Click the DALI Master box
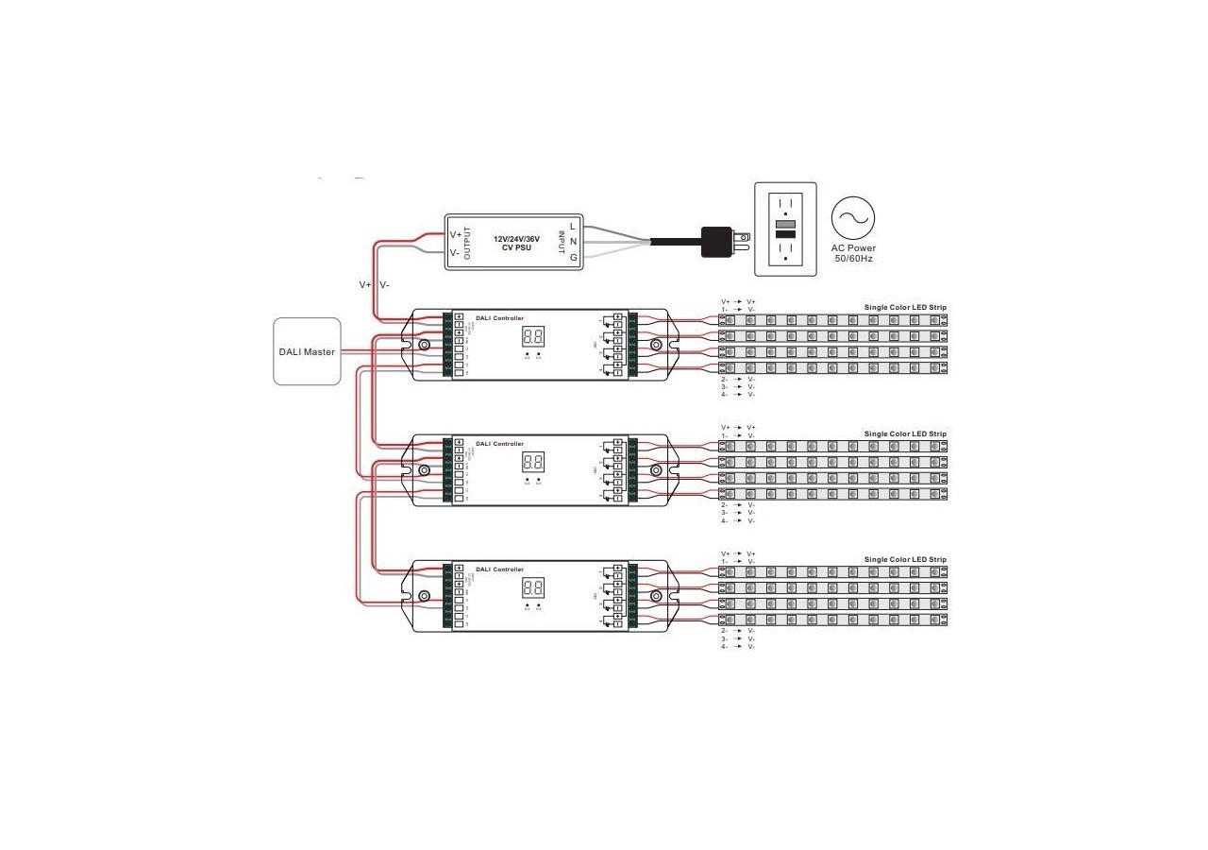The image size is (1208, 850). tap(307, 351)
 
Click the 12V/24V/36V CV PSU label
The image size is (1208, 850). tap(517, 244)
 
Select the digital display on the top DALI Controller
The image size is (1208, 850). tap(532, 337)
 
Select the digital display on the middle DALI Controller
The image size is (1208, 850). tap(532, 462)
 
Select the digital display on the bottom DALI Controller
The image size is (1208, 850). tap(532, 587)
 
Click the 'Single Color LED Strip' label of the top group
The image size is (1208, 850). tap(905, 308)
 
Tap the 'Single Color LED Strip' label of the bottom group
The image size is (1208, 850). tap(905, 560)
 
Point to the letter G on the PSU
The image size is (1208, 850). tap(573, 257)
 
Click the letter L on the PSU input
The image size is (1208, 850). tap(573, 227)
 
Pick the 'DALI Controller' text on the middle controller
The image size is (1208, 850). tap(499, 443)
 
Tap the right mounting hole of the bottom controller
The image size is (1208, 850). tap(656, 596)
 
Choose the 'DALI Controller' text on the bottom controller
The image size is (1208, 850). tap(499, 569)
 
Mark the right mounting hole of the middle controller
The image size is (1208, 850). tap(656, 469)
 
